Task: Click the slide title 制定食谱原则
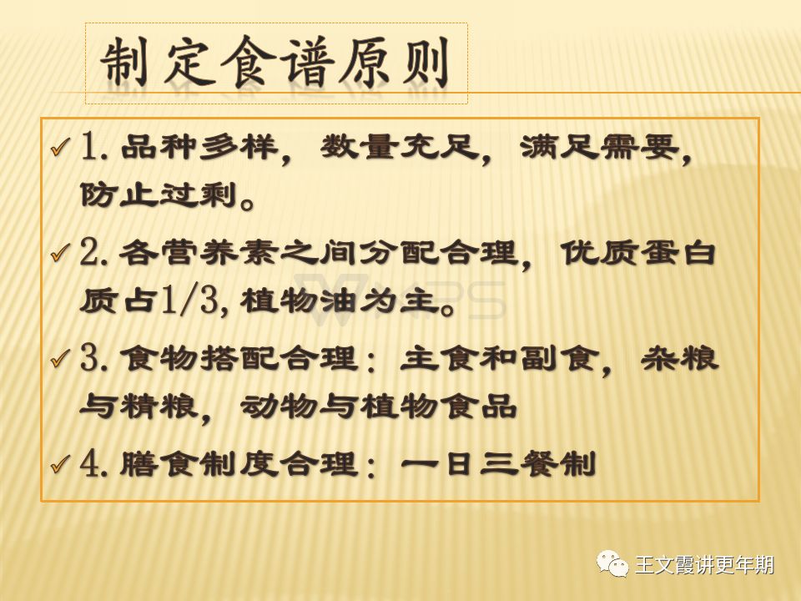(x=275, y=63)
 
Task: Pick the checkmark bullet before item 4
(x=61, y=464)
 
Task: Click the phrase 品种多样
(x=199, y=147)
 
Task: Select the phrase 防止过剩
(x=159, y=194)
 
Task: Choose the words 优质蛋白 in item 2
(x=638, y=252)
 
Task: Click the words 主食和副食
(x=498, y=358)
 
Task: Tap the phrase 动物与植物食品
(x=379, y=407)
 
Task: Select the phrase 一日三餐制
(x=498, y=464)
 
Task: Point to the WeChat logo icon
(x=612, y=563)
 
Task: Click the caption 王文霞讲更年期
(x=704, y=565)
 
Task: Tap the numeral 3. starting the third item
(x=94, y=358)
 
